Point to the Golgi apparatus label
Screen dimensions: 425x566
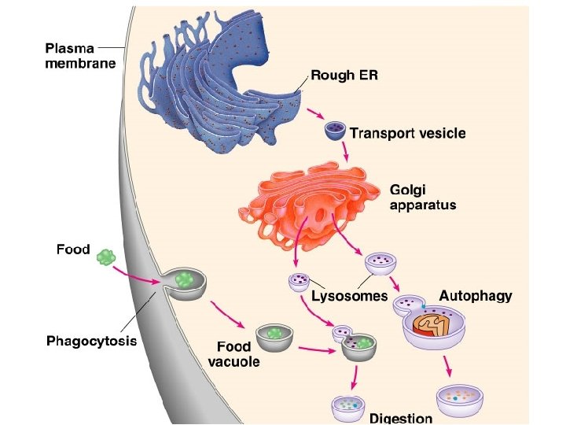pyautogui.click(x=423, y=197)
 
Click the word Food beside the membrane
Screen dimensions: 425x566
pyautogui.click(x=73, y=250)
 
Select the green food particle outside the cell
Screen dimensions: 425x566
pyautogui.click(x=106, y=257)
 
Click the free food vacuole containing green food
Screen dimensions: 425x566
pyautogui.click(x=274, y=335)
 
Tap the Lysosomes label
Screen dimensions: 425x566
pyautogui.click(x=350, y=297)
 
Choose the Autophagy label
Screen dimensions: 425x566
pyautogui.click(x=475, y=296)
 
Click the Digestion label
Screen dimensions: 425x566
pyautogui.click(x=401, y=418)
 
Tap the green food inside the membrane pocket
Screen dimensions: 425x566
pyautogui.click(x=185, y=279)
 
